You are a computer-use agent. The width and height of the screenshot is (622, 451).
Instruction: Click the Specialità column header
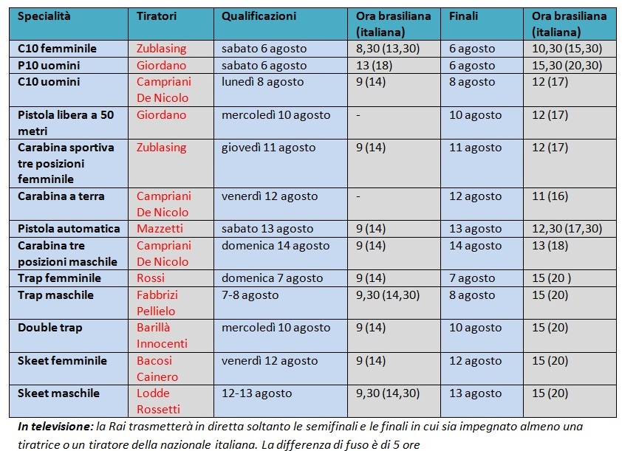tap(44, 17)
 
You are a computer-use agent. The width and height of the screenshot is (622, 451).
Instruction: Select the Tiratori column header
tap(157, 16)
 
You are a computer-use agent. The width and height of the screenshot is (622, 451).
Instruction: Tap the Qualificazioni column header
tap(259, 17)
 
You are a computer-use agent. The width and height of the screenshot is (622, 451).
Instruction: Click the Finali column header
tap(463, 16)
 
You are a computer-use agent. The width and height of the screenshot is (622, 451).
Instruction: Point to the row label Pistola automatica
tap(69, 229)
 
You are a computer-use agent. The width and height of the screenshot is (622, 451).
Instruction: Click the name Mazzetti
tap(160, 229)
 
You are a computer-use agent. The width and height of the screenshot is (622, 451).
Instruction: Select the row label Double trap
tap(50, 328)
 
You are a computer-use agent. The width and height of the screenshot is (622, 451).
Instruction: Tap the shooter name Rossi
tap(151, 278)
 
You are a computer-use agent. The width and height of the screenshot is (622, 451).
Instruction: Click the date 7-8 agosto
tap(250, 295)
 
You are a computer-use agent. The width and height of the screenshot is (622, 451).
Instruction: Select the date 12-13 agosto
tap(256, 393)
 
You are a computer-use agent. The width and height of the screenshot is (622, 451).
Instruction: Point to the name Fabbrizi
tap(157, 295)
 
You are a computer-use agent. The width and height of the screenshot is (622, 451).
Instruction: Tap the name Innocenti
tap(162, 343)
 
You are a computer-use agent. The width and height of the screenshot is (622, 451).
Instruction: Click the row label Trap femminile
tap(60, 278)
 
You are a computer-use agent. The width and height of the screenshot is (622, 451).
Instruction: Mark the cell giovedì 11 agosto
tap(269, 148)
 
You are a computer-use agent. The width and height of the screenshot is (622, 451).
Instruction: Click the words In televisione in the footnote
tap(55, 427)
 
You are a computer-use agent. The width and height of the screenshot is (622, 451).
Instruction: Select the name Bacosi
tap(154, 361)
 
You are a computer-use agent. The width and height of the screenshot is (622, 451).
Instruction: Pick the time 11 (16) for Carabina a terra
tap(550, 196)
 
